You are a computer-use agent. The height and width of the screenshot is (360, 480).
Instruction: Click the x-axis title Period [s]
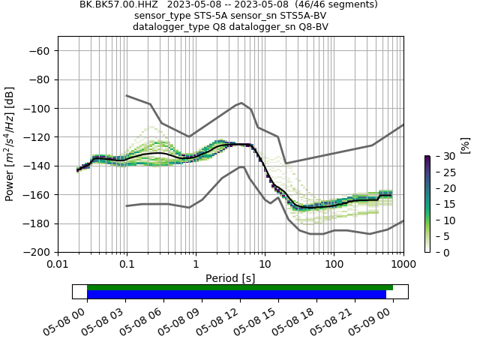point(230,278)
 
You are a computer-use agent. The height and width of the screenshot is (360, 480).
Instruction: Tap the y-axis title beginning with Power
point(10,144)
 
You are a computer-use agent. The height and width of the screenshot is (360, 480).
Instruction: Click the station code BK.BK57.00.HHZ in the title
point(114,4)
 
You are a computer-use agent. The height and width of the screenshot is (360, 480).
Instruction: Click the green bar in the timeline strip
point(240,287)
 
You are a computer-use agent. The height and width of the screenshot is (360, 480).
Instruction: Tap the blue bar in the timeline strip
point(236,295)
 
